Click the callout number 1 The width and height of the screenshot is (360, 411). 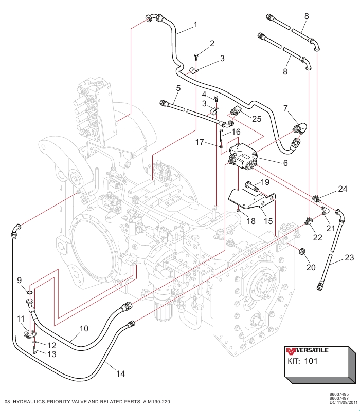[x=195, y=24]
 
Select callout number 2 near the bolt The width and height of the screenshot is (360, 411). [x=212, y=44]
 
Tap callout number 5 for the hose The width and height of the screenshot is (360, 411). [x=177, y=88]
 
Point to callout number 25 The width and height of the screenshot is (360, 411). [x=257, y=119]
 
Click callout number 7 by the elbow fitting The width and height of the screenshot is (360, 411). [x=285, y=108]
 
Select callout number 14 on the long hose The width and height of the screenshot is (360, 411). [x=120, y=374]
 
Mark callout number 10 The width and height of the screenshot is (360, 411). [x=84, y=327]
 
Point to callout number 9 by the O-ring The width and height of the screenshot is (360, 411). [x=20, y=281]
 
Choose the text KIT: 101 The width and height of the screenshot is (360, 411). [x=302, y=361]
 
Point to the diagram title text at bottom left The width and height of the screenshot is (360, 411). [x=87, y=401]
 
